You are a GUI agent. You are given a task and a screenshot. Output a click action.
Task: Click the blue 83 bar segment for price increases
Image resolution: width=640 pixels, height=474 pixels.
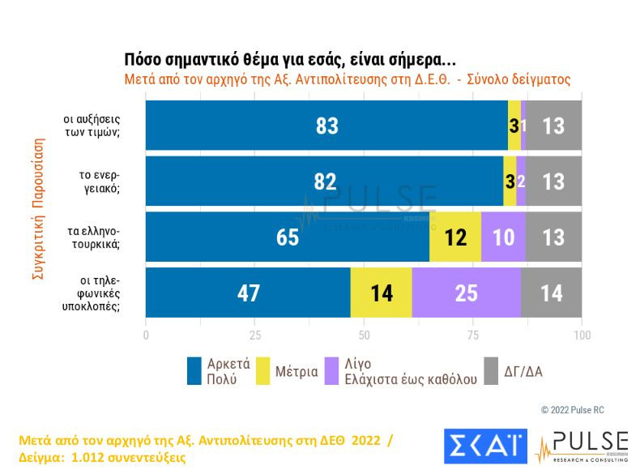click(326, 126)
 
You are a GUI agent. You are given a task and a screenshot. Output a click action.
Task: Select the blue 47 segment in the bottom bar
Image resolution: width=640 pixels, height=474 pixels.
click(248, 293)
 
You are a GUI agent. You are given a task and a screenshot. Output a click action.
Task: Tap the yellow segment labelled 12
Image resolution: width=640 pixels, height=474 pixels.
click(455, 237)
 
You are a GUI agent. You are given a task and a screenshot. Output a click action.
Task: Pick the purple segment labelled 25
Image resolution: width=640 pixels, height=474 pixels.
click(466, 293)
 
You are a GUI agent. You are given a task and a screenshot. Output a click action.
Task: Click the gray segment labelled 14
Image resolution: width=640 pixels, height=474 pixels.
click(551, 293)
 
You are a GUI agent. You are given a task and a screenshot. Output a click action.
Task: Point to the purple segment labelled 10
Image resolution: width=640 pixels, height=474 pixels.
click(503, 237)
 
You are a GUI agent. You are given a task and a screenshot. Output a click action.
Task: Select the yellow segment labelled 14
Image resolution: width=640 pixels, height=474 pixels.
click(381, 293)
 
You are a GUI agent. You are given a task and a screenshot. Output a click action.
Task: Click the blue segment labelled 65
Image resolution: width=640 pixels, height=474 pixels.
click(288, 237)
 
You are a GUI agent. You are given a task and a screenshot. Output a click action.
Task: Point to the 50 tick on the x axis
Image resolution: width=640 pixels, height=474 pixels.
click(364, 335)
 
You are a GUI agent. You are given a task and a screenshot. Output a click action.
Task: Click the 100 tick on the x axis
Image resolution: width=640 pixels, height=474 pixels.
click(581, 335)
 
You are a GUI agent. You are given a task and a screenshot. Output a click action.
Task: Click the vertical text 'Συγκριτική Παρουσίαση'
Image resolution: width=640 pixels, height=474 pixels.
click(37, 209)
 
